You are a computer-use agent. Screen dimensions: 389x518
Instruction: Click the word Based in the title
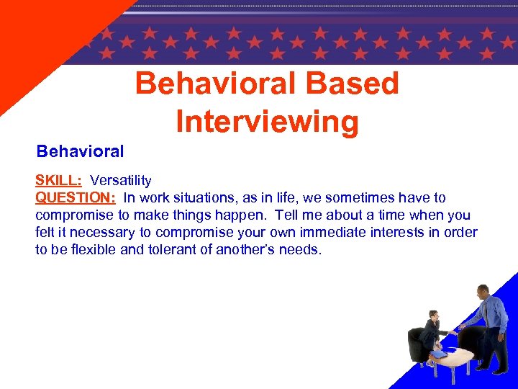coord(352,84)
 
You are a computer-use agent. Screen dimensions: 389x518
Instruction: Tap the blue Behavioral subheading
coord(80,152)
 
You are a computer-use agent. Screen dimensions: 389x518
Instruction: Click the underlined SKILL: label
coord(58,181)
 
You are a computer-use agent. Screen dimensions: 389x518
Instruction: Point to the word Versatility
coord(121,181)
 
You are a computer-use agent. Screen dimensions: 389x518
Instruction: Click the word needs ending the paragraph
coord(303,250)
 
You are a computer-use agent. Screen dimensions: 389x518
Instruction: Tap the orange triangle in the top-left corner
coord(36,36)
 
